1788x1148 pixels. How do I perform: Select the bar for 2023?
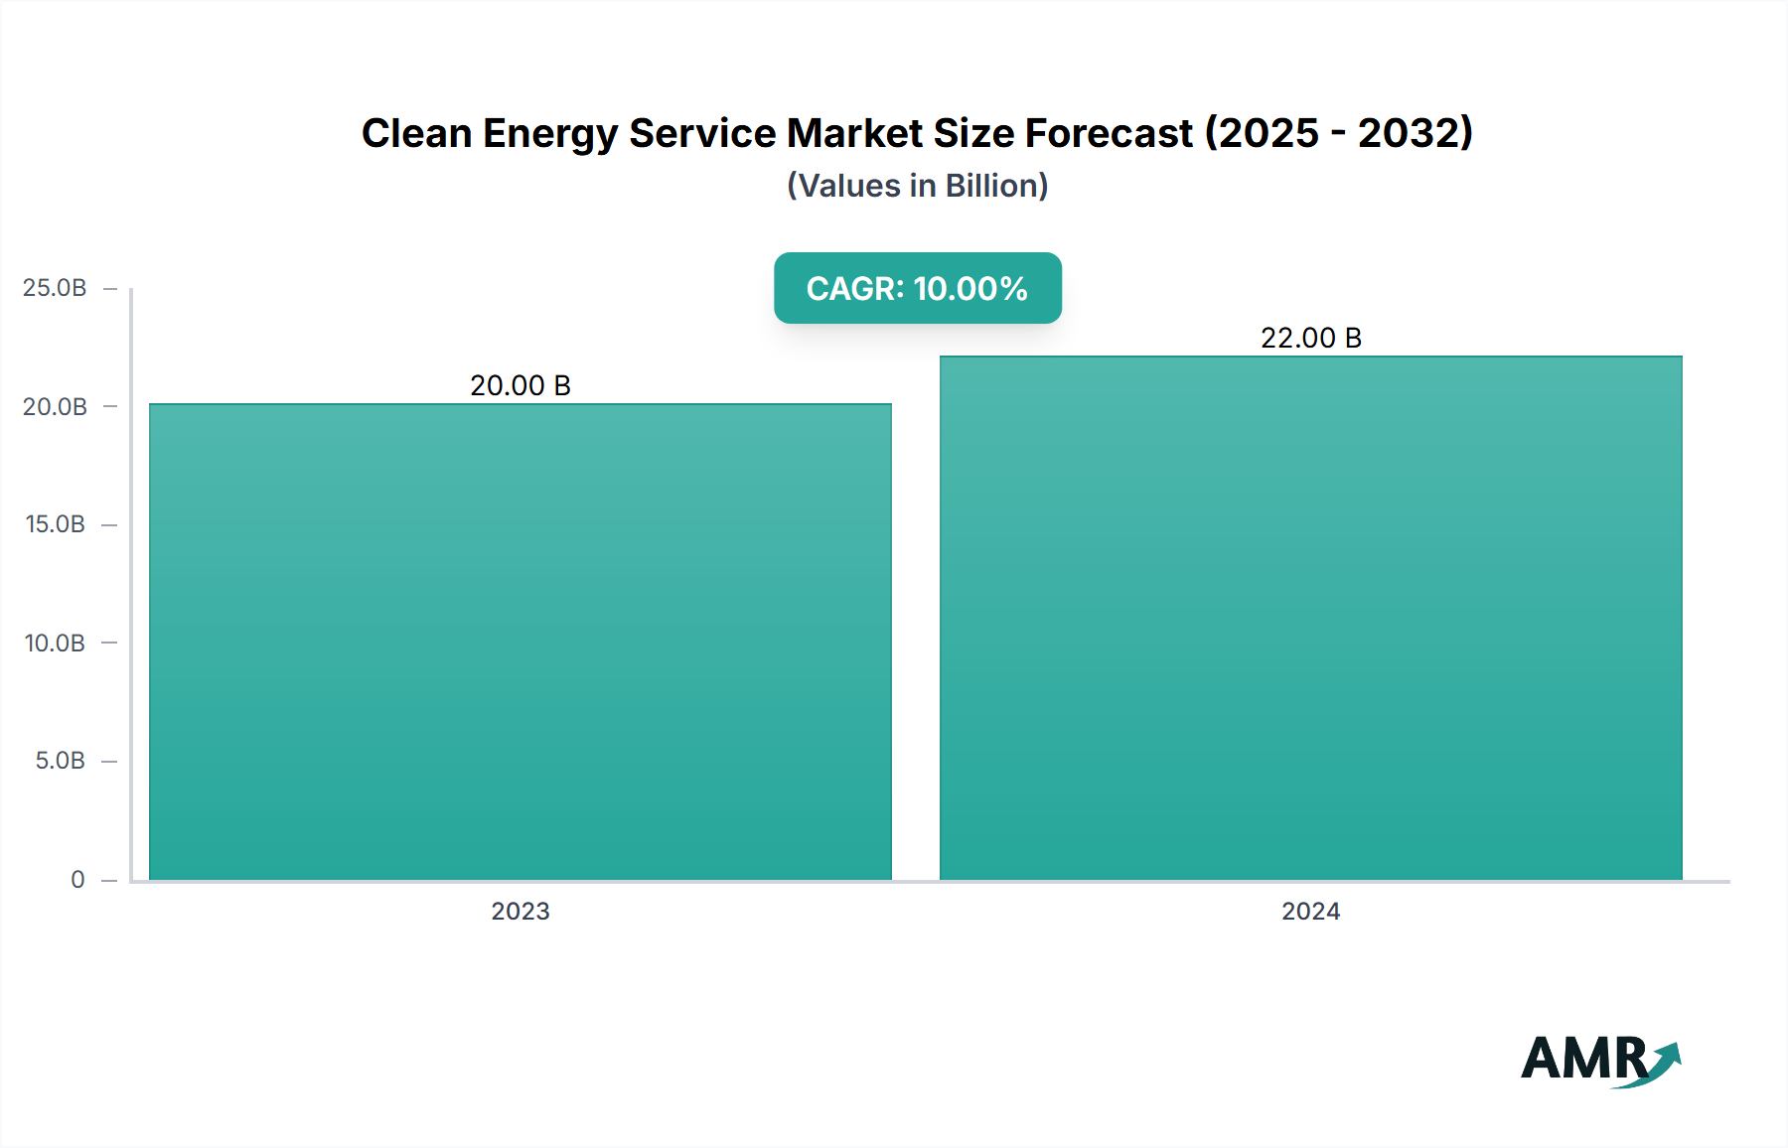pyautogui.click(x=521, y=642)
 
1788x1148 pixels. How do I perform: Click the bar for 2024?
pyautogui.click(x=1311, y=618)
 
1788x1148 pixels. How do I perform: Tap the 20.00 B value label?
pyautogui.click(x=521, y=385)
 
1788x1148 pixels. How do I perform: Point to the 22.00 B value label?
pyautogui.click(x=1311, y=338)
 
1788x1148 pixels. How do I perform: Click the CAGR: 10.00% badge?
pyautogui.click(x=917, y=288)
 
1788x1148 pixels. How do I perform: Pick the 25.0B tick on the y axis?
pyautogui.click(x=55, y=288)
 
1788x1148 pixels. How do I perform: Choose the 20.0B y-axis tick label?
pyautogui.click(x=55, y=406)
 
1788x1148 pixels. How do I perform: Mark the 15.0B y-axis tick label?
pyautogui.click(x=55, y=524)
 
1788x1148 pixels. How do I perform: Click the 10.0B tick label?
pyautogui.click(x=55, y=643)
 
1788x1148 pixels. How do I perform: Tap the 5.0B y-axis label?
pyautogui.click(x=60, y=761)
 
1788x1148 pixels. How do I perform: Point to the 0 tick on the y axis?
pyautogui.click(x=77, y=879)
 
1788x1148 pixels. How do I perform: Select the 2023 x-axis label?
pyautogui.click(x=521, y=911)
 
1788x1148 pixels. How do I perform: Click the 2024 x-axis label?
pyautogui.click(x=1311, y=911)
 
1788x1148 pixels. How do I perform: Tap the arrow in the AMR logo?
pyautogui.click(x=1665, y=1061)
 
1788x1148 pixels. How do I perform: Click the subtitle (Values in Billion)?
pyautogui.click(x=917, y=186)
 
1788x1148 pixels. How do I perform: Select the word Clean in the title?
pyautogui.click(x=416, y=133)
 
